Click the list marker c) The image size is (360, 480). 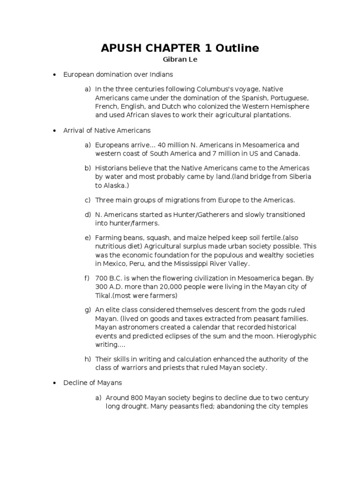(x=87, y=200)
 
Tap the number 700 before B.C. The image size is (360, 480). (x=101, y=278)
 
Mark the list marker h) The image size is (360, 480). (x=87, y=360)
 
